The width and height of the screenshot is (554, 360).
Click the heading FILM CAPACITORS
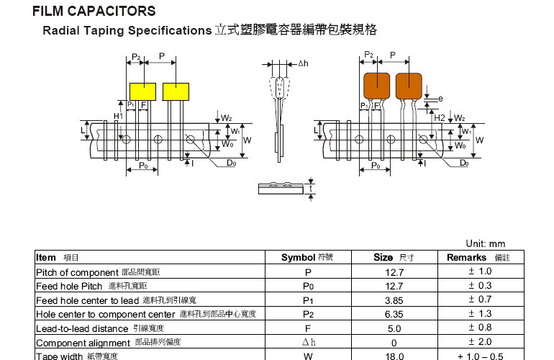click(94, 12)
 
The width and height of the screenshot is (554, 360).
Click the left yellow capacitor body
click(142, 91)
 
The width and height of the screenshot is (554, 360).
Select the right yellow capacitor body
click(176, 91)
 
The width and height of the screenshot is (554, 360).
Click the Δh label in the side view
click(303, 64)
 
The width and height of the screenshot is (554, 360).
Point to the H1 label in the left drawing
click(119, 115)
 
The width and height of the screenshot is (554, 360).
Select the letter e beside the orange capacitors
click(440, 99)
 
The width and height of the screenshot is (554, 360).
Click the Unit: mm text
click(486, 244)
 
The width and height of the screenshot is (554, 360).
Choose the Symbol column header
click(299, 258)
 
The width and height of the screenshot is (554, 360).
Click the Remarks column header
click(467, 258)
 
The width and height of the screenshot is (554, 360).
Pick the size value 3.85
click(395, 300)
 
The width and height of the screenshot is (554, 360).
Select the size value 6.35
click(395, 314)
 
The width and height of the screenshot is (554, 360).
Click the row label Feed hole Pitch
click(69, 286)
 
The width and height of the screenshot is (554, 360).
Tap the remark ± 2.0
click(480, 342)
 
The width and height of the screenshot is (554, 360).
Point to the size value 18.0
click(395, 356)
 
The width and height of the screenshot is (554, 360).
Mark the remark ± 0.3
click(480, 286)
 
